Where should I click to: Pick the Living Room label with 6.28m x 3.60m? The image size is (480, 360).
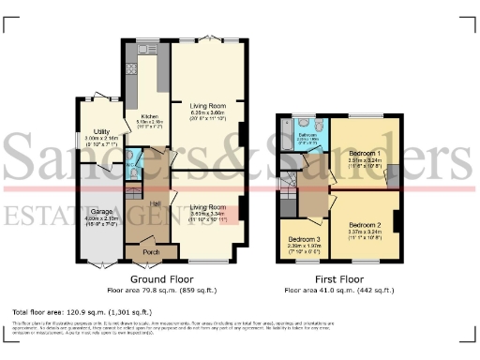pos(209,106)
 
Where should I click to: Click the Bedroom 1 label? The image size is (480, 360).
pos(366,153)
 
